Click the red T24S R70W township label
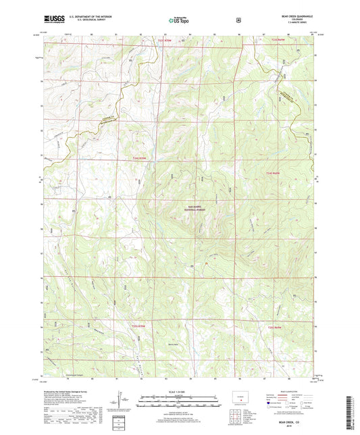coord(139,159)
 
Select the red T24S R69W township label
coord(273,173)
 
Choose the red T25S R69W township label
coord(273,328)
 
